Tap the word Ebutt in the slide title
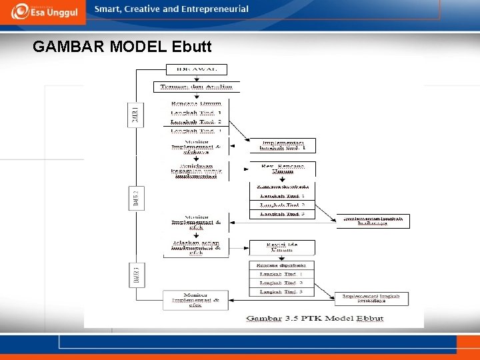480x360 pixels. coord(191,47)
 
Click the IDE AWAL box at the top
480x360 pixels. coord(197,69)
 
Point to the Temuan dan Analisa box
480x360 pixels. coord(197,87)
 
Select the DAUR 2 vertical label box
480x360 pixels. coord(135,197)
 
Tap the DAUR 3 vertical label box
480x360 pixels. coord(135,275)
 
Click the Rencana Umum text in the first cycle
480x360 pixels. coord(196,103)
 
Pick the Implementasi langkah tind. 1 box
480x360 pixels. coord(283,145)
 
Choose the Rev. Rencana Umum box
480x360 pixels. coord(283,168)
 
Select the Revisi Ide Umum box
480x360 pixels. coord(283,247)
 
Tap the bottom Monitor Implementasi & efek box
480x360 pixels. coord(195,300)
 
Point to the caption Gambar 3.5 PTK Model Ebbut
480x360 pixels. coord(315,319)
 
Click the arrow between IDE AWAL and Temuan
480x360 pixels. coord(197,78)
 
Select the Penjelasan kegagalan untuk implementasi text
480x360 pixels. coord(196,171)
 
